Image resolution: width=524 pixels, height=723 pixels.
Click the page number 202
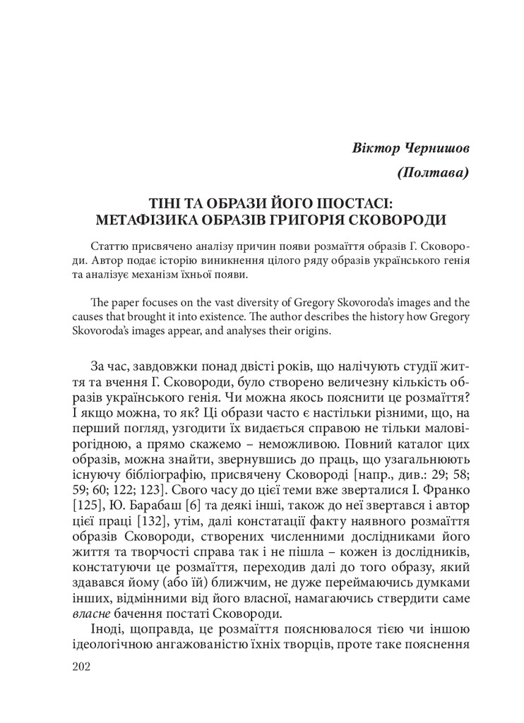point(83,666)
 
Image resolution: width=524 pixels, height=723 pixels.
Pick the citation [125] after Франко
point(87,504)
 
